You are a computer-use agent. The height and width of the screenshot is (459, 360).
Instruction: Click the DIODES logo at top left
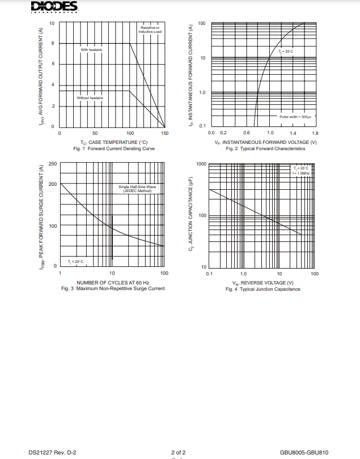coord(54,7)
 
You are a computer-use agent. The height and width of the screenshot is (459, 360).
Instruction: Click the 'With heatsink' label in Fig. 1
coord(92,50)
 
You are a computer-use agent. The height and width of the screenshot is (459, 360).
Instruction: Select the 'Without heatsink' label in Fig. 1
coord(90,98)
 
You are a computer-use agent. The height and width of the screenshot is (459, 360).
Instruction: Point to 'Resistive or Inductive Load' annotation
coord(150,29)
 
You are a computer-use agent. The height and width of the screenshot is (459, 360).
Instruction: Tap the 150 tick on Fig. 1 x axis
coord(164,133)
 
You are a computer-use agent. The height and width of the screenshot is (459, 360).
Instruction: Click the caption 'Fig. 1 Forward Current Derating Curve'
coord(114,148)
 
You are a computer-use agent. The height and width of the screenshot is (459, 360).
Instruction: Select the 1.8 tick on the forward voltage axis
coord(315,133)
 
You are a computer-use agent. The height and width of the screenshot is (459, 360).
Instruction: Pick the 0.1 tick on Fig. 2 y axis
coord(202,126)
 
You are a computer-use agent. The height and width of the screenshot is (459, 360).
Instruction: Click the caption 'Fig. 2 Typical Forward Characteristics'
coord(265,148)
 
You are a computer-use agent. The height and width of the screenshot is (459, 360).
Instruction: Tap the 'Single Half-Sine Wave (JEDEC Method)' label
coord(137,189)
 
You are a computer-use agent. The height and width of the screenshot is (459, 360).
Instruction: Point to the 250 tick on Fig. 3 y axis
coord(53,164)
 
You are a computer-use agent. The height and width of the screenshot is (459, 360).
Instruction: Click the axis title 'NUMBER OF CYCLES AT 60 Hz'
coord(113,282)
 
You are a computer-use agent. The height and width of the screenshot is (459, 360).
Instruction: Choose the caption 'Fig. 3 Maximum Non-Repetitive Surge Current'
coord(113,288)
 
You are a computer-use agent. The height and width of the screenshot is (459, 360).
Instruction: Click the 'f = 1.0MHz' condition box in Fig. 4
coord(300,173)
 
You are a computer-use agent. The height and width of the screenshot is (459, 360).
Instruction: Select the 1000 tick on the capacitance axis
coord(201,164)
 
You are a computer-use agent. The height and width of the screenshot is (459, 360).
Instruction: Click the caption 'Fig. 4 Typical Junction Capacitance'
coord(262,289)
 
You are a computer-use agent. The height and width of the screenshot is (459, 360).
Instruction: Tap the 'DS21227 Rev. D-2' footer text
coord(52,452)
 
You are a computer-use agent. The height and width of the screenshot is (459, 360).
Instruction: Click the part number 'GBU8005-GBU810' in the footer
coord(304,452)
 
